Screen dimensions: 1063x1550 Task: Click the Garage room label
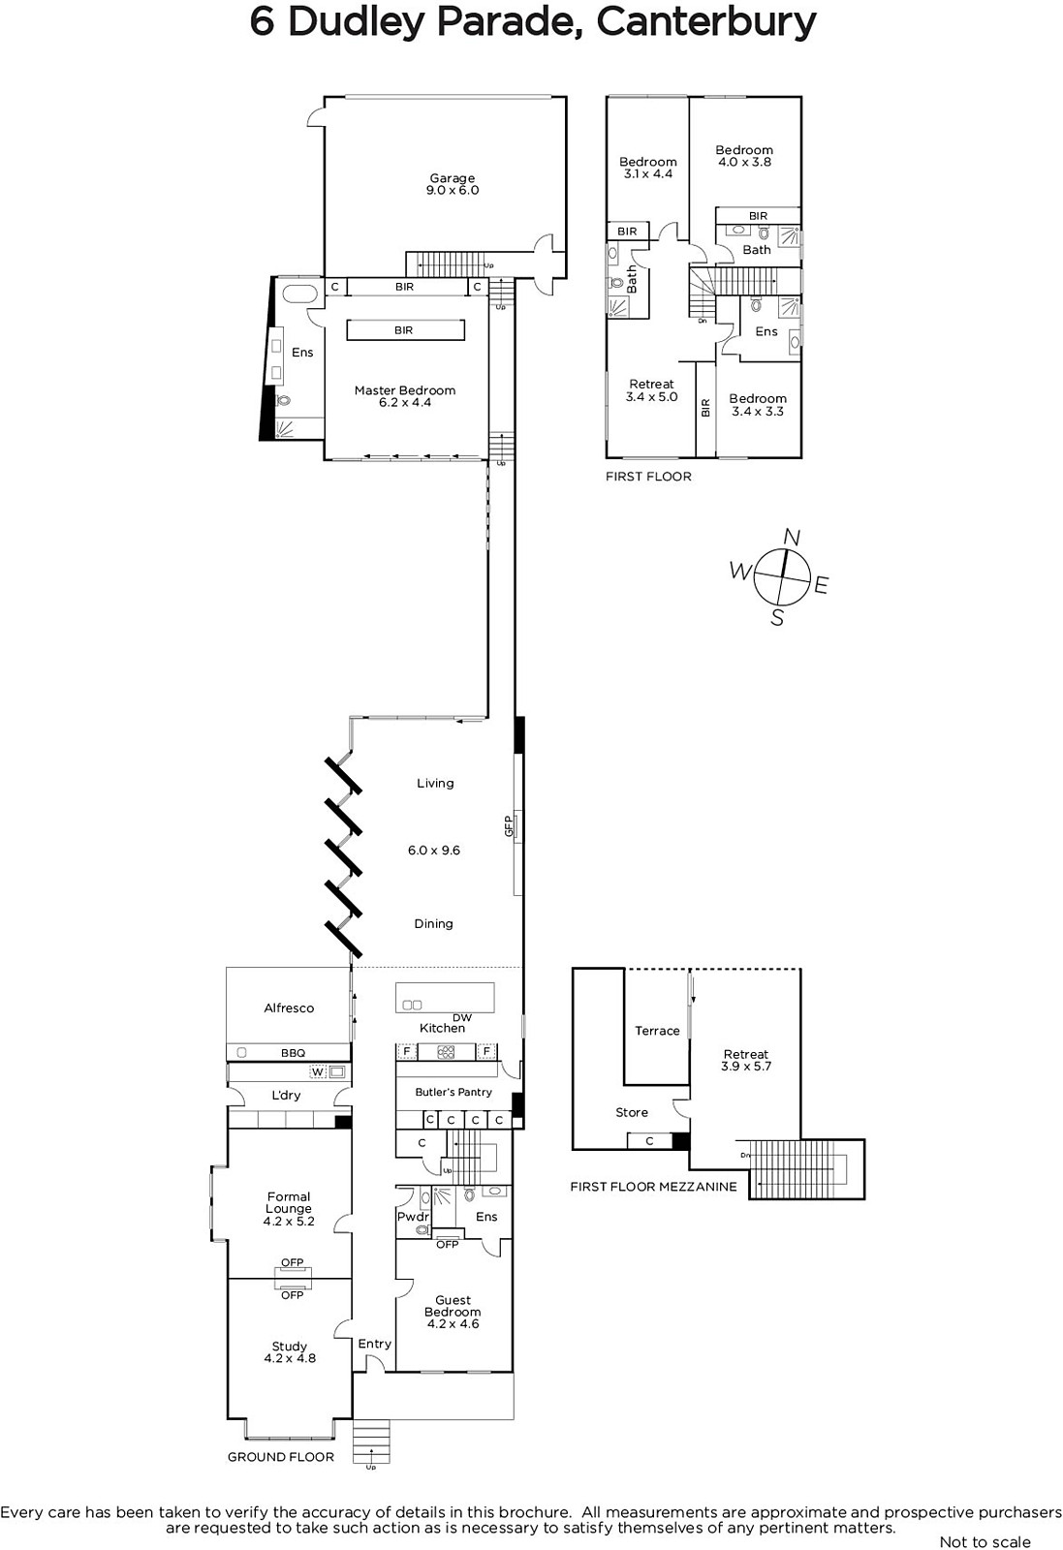(452, 178)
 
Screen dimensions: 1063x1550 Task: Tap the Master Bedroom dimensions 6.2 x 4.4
(405, 403)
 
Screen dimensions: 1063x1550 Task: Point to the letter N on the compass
(793, 537)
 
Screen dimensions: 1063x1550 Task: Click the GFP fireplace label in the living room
(509, 826)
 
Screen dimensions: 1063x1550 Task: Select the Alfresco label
(289, 1008)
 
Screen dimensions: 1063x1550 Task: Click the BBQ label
(293, 1053)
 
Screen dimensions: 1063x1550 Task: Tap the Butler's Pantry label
(453, 1092)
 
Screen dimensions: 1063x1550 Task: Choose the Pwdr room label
(413, 1217)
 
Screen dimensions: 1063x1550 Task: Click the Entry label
(374, 1344)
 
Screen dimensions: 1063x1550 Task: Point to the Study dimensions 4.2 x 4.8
(290, 1358)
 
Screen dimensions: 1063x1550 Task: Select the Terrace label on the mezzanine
(657, 1031)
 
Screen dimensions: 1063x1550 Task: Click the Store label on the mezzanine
(632, 1113)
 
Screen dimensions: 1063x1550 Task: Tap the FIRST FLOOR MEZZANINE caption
(653, 1187)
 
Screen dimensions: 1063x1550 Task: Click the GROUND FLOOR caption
(281, 1457)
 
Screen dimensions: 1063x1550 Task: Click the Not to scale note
(985, 1541)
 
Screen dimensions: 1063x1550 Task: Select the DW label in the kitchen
(461, 1018)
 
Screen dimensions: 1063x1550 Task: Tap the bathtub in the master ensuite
(299, 294)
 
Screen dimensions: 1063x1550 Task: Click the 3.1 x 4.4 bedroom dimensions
(647, 173)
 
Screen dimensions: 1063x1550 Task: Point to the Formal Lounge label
(289, 1202)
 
